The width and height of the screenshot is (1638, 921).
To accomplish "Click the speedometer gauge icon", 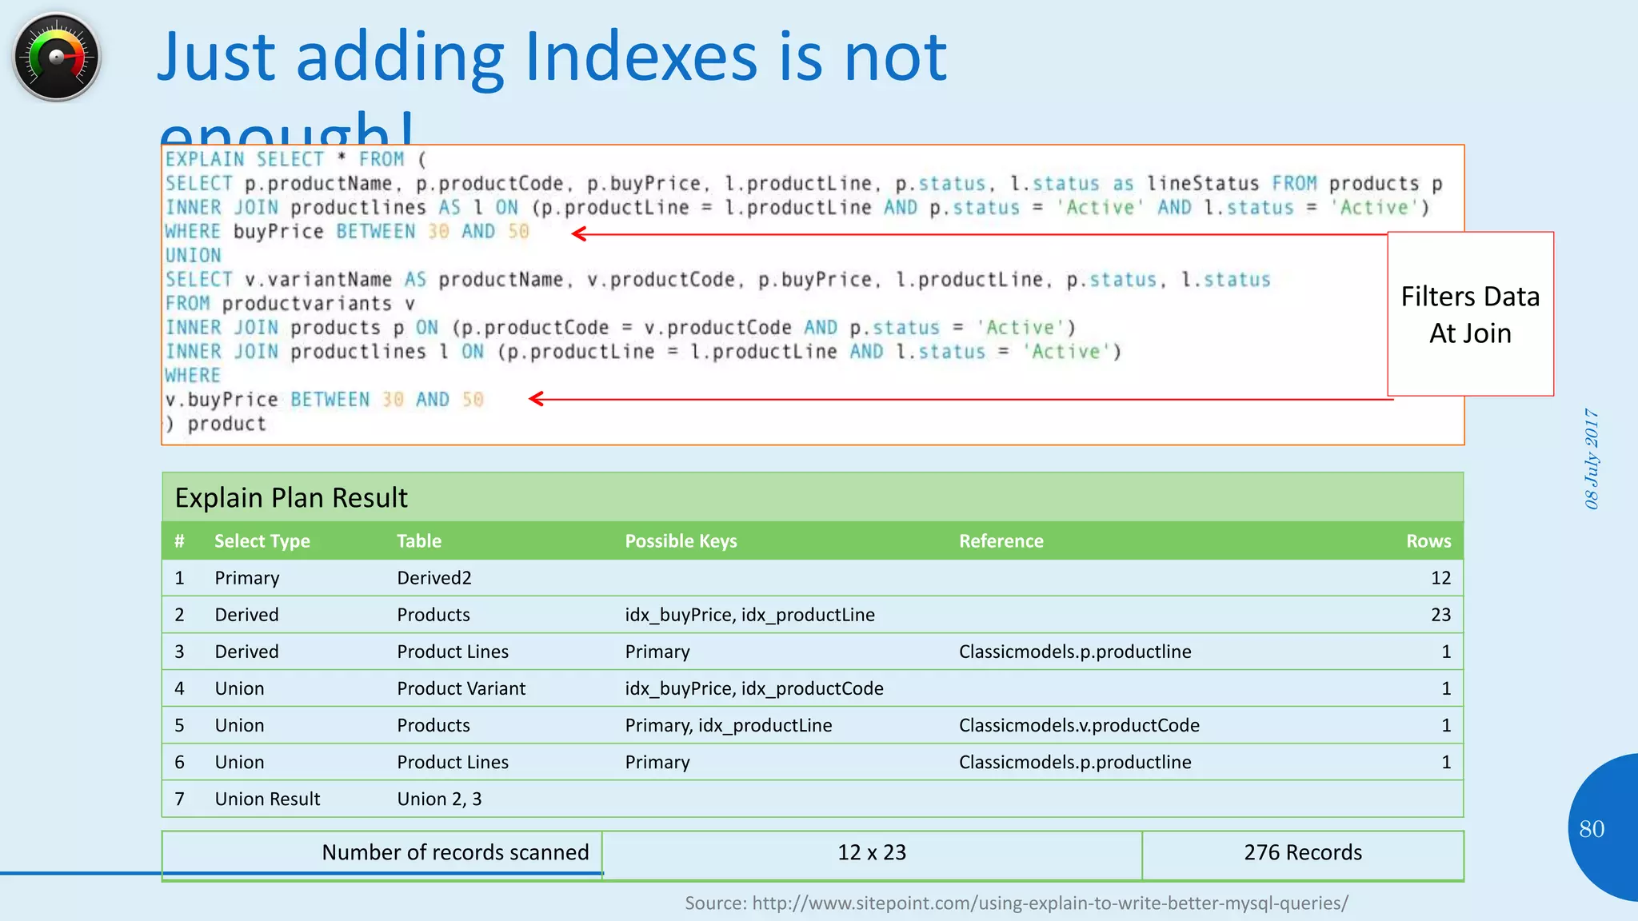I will (x=56, y=57).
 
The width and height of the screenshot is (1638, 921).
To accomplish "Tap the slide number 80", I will (x=1592, y=829).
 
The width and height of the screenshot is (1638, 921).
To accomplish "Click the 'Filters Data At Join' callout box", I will (x=1470, y=314).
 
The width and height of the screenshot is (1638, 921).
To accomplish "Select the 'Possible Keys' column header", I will (x=681, y=541).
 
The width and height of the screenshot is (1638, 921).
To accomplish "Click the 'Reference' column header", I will (x=1001, y=541).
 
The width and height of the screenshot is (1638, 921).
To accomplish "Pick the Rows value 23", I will (x=1440, y=615).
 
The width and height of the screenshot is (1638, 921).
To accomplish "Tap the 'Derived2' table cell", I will (x=434, y=578).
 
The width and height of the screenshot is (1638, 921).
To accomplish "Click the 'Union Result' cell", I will (x=267, y=799).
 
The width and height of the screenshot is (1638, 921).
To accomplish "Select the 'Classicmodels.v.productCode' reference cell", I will (x=1079, y=725).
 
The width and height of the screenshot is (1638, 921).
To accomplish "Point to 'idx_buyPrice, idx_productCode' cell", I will (x=754, y=688).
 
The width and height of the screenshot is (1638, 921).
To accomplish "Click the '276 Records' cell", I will (x=1302, y=853).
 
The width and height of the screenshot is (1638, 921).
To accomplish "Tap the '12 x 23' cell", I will (x=872, y=853).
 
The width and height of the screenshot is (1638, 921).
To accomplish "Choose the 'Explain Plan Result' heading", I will (x=291, y=498).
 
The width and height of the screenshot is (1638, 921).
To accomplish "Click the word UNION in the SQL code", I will (x=193, y=256).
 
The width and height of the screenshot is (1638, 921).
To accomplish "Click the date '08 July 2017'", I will (x=1592, y=459).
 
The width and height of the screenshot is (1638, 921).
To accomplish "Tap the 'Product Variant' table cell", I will (x=461, y=688).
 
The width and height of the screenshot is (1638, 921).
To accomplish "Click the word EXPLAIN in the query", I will (x=205, y=160).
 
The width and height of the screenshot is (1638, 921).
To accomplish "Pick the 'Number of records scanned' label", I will (x=455, y=853).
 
